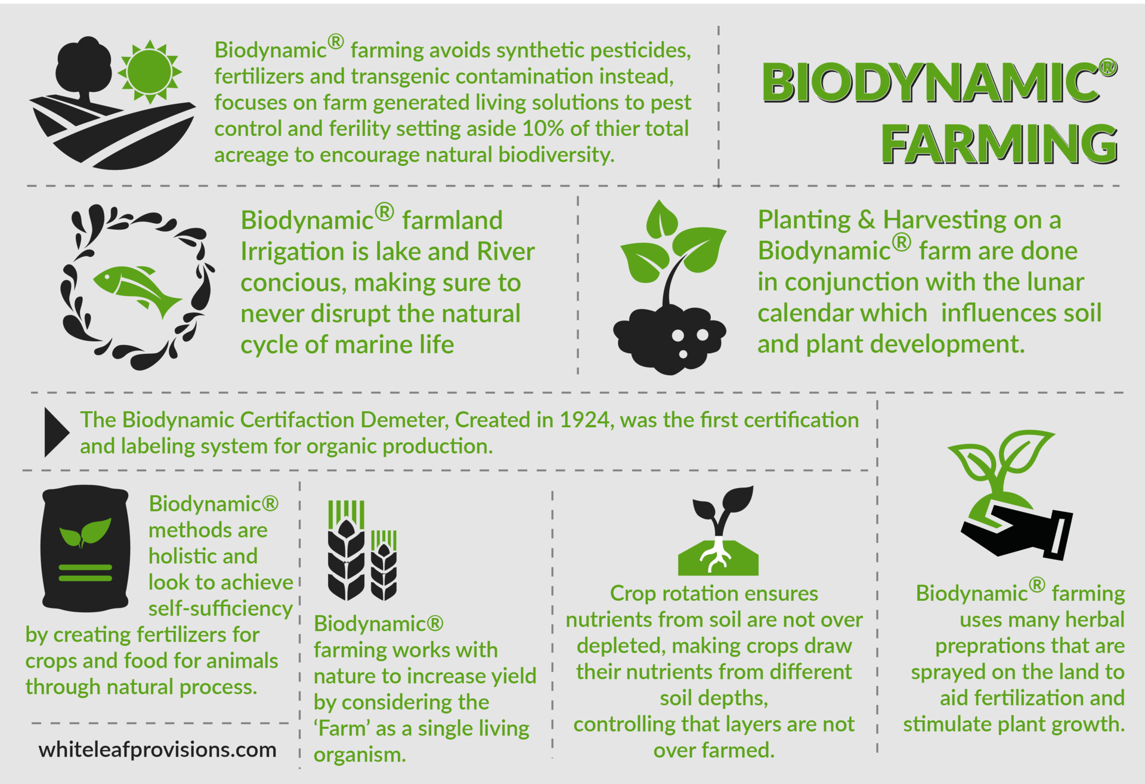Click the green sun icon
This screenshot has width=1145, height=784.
coord(149,72)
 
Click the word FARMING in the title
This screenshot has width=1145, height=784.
coord(999,144)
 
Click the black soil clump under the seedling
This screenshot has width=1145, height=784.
coord(669,340)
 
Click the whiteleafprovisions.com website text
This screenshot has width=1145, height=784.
coord(157,749)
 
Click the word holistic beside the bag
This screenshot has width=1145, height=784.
coord(203,556)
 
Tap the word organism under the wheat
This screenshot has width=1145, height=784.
coord(360,755)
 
